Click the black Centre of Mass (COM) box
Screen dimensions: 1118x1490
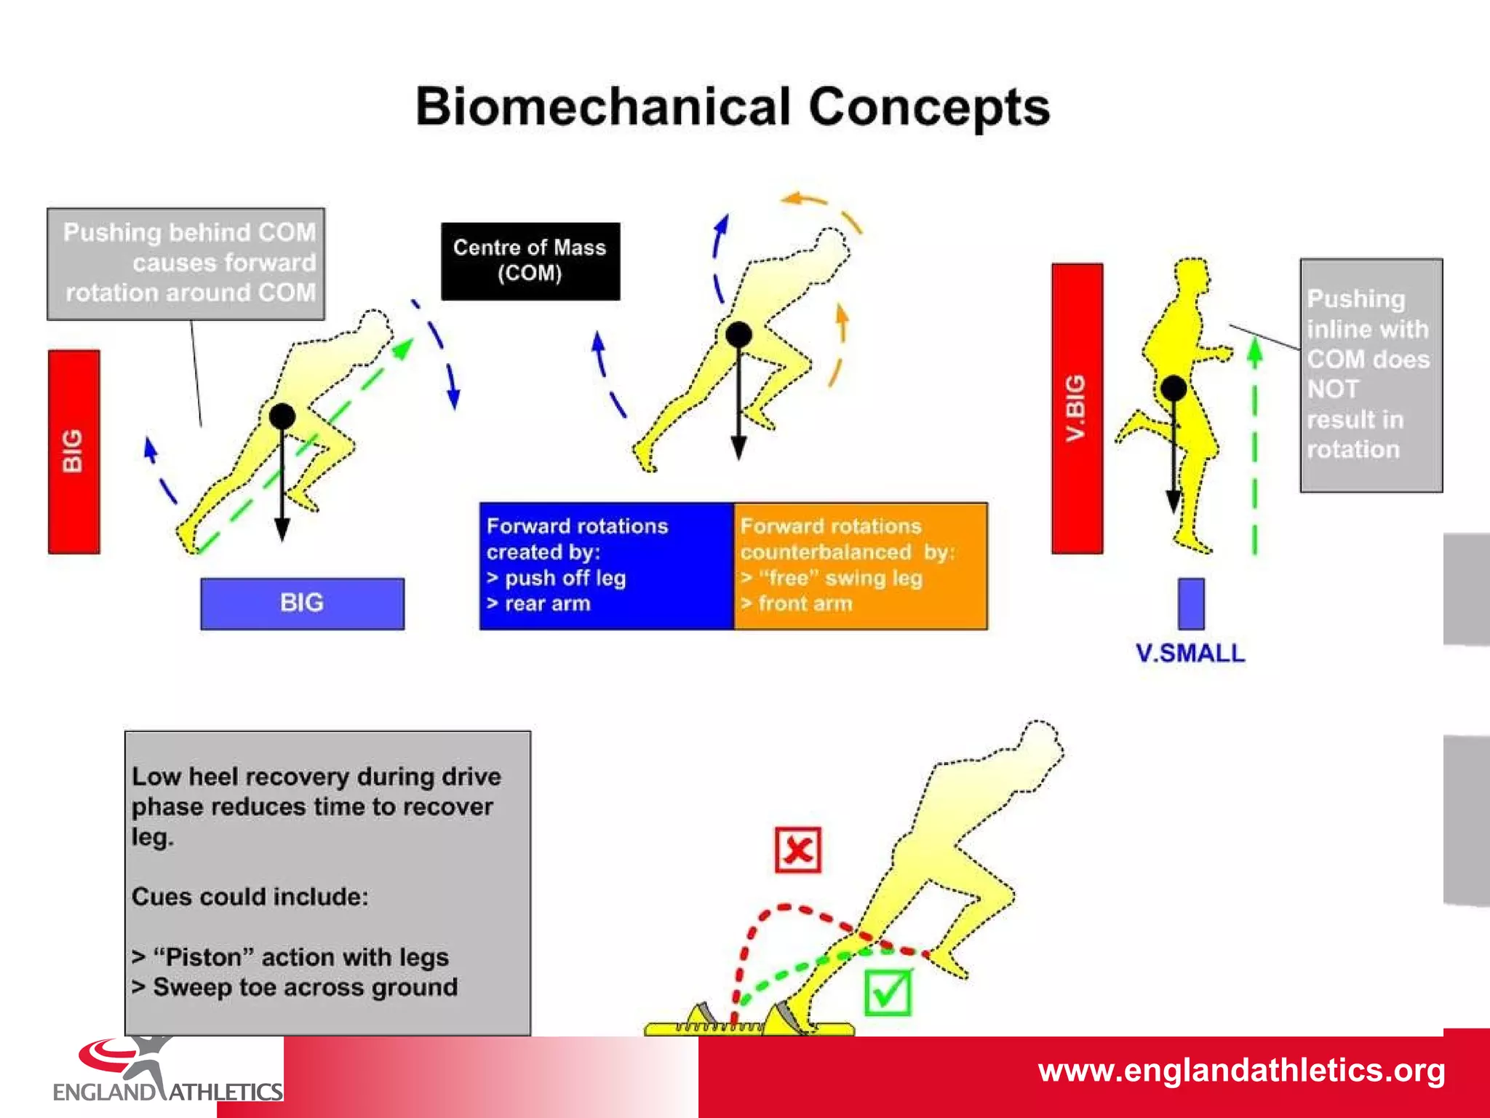pyautogui.click(x=530, y=261)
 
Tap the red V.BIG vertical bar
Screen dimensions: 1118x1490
pyautogui.click(x=1077, y=408)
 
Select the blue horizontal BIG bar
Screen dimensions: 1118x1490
pyautogui.click(x=302, y=603)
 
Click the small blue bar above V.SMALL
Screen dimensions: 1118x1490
pyautogui.click(x=1191, y=603)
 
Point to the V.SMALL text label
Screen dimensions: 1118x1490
pyautogui.click(x=1190, y=653)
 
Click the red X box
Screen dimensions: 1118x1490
pyautogui.click(x=798, y=849)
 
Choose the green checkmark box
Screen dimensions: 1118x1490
pyautogui.click(x=888, y=992)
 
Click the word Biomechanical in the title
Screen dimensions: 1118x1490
pyautogui.click(x=602, y=108)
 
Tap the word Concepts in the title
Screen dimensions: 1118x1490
pyautogui.click(x=929, y=108)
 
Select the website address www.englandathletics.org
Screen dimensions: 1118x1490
pyautogui.click(x=1241, y=1071)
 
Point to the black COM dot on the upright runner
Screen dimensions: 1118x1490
pyautogui.click(x=1174, y=389)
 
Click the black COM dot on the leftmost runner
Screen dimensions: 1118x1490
pyautogui.click(x=282, y=416)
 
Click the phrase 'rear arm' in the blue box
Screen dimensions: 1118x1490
pyautogui.click(x=547, y=603)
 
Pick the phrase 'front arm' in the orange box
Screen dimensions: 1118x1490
pyautogui.click(x=805, y=603)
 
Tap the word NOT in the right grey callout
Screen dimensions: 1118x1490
pyautogui.click(x=1332, y=389)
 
